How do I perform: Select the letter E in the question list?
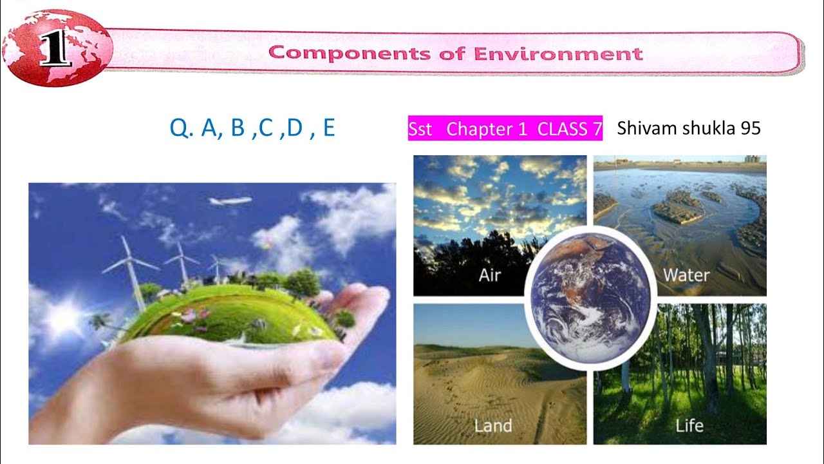pos(329,128)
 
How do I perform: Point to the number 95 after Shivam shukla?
pos(751,128)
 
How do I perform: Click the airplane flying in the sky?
pos(230,201)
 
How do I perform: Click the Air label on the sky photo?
pos(490,276)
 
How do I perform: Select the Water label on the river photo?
pos(686,276)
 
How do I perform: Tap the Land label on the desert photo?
pos(493,426)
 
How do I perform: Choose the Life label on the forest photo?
pos(689,426)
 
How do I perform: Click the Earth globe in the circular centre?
pos(590,296)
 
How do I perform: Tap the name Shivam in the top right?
pos(644,128)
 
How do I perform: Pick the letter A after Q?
pos(209,128)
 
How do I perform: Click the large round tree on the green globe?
pos(303,282)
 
